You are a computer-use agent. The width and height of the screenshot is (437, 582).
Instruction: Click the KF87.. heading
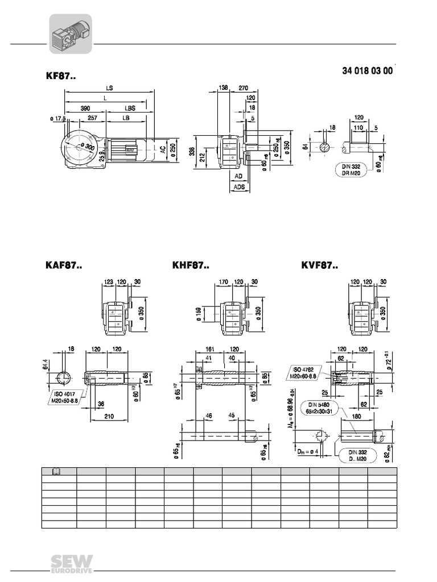(60, 76)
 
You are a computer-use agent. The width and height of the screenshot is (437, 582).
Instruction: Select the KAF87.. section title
(64, 265)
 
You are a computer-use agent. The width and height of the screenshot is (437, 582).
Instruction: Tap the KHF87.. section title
(191, 265)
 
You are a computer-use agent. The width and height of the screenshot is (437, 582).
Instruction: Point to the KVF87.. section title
(319, 265)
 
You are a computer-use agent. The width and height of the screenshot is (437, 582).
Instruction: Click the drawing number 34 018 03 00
(367, 72)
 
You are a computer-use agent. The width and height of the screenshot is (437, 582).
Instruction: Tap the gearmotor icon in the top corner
(70, 34)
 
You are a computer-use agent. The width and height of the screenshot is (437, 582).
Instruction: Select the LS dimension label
(109, 89)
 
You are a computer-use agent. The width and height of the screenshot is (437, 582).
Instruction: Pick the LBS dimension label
(130, 108)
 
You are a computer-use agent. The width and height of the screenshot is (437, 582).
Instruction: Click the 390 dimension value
(85, 108)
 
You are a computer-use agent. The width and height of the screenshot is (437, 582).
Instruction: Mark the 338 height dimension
(192, 152)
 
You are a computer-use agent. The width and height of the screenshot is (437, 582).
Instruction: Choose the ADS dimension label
(239, 186)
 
